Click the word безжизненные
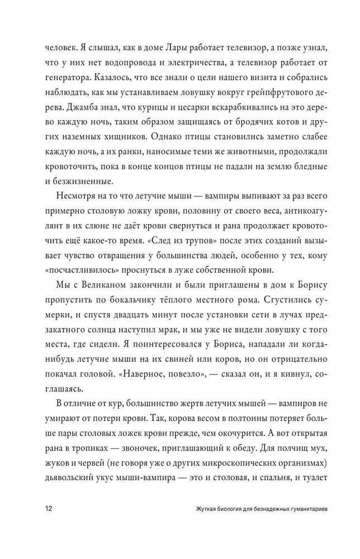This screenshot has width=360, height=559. point(82,181)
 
